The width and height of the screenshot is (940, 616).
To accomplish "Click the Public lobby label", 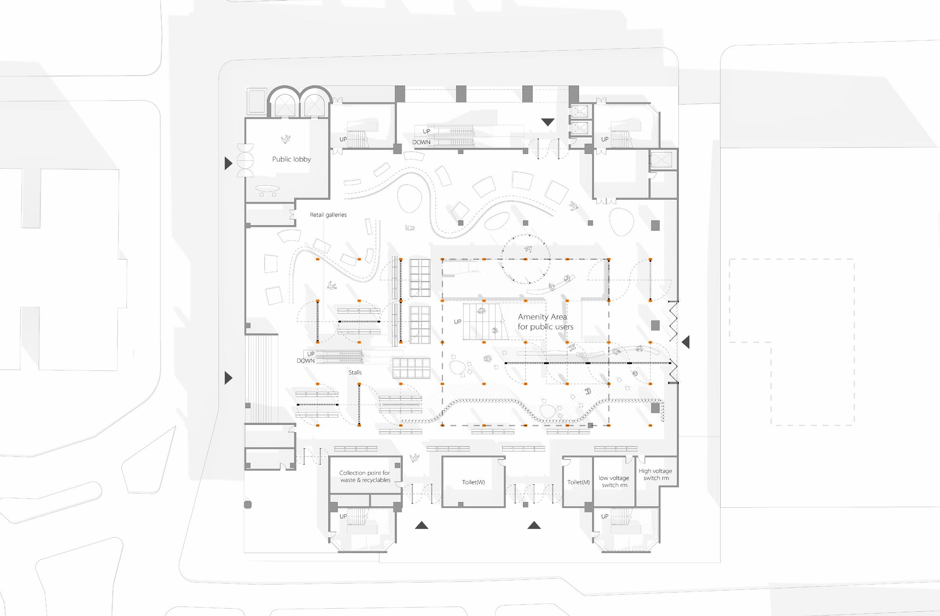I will coord(291,160).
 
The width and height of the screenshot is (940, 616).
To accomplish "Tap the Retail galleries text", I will coord(328,215).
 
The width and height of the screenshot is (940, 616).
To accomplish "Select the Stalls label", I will coord(355,373).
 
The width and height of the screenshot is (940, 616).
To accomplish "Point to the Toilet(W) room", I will coord(473,482).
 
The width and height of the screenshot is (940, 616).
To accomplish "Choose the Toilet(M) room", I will coord(578,482).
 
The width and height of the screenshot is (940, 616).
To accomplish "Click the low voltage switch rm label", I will coord(614,481).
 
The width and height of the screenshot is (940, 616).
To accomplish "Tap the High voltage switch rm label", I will coord(655,474).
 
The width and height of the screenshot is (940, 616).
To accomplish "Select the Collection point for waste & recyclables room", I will coord(365,476).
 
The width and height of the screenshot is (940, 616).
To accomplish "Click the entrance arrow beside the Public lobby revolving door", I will coord(228,163).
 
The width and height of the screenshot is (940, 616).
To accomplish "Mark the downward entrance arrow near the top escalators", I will coord(548,122).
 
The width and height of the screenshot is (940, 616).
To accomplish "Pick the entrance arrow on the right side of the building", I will coord(686,342).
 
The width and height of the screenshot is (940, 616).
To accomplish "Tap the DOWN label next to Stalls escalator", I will coord(306,361).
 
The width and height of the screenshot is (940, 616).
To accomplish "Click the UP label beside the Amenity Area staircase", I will coord(457,322).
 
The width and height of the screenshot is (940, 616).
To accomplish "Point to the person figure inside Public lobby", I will coord(286,139).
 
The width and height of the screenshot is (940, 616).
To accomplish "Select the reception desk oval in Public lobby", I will coord(268,188).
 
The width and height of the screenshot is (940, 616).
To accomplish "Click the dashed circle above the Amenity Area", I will coord(525,259).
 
